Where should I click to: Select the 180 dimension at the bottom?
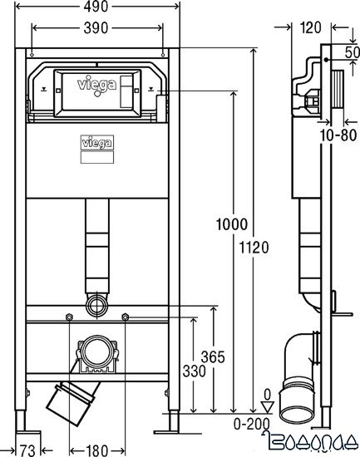[96, 450]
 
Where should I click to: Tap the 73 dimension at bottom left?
[25, 450]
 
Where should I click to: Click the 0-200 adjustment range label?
[250, 423]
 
